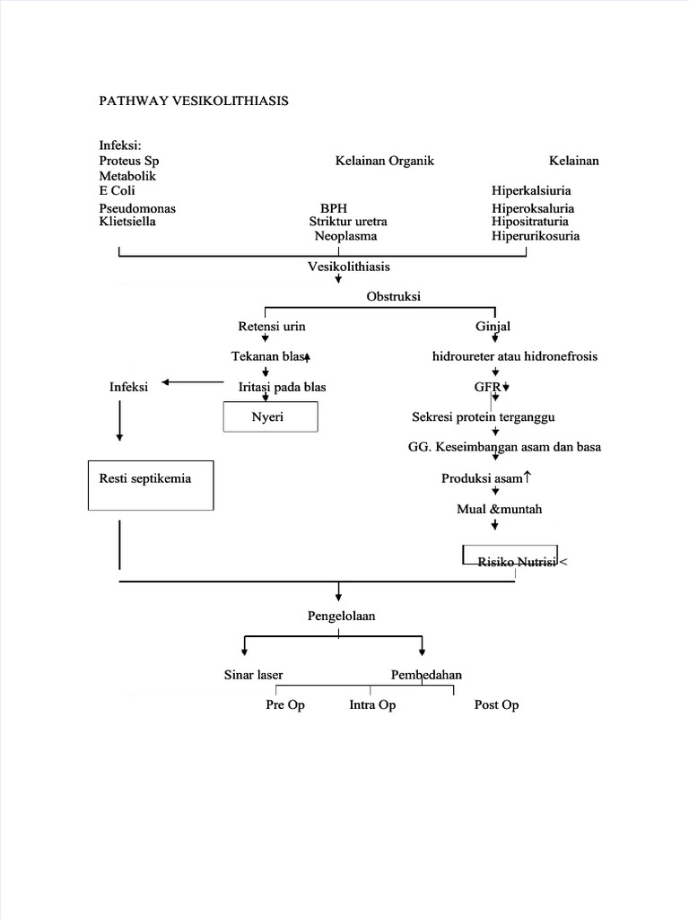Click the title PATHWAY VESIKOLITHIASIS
193,101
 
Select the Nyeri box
269,417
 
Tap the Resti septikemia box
151,485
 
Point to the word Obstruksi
394,296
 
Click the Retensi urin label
266,326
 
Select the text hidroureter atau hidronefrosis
514,356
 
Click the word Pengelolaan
340,617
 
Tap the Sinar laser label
254,674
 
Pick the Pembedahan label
426,674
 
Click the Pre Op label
285,705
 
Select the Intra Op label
372,705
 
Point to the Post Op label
496,705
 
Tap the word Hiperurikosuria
535,236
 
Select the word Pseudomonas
137,208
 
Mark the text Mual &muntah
499,509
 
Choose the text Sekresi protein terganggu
496,417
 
